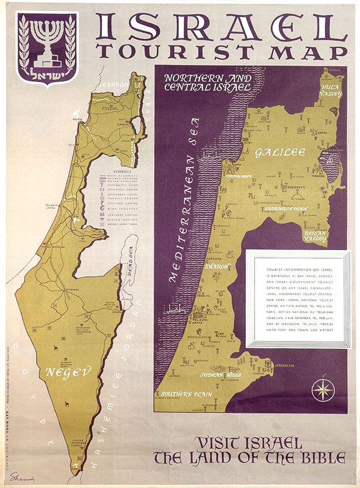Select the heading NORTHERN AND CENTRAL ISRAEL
[x=208, y=82]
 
